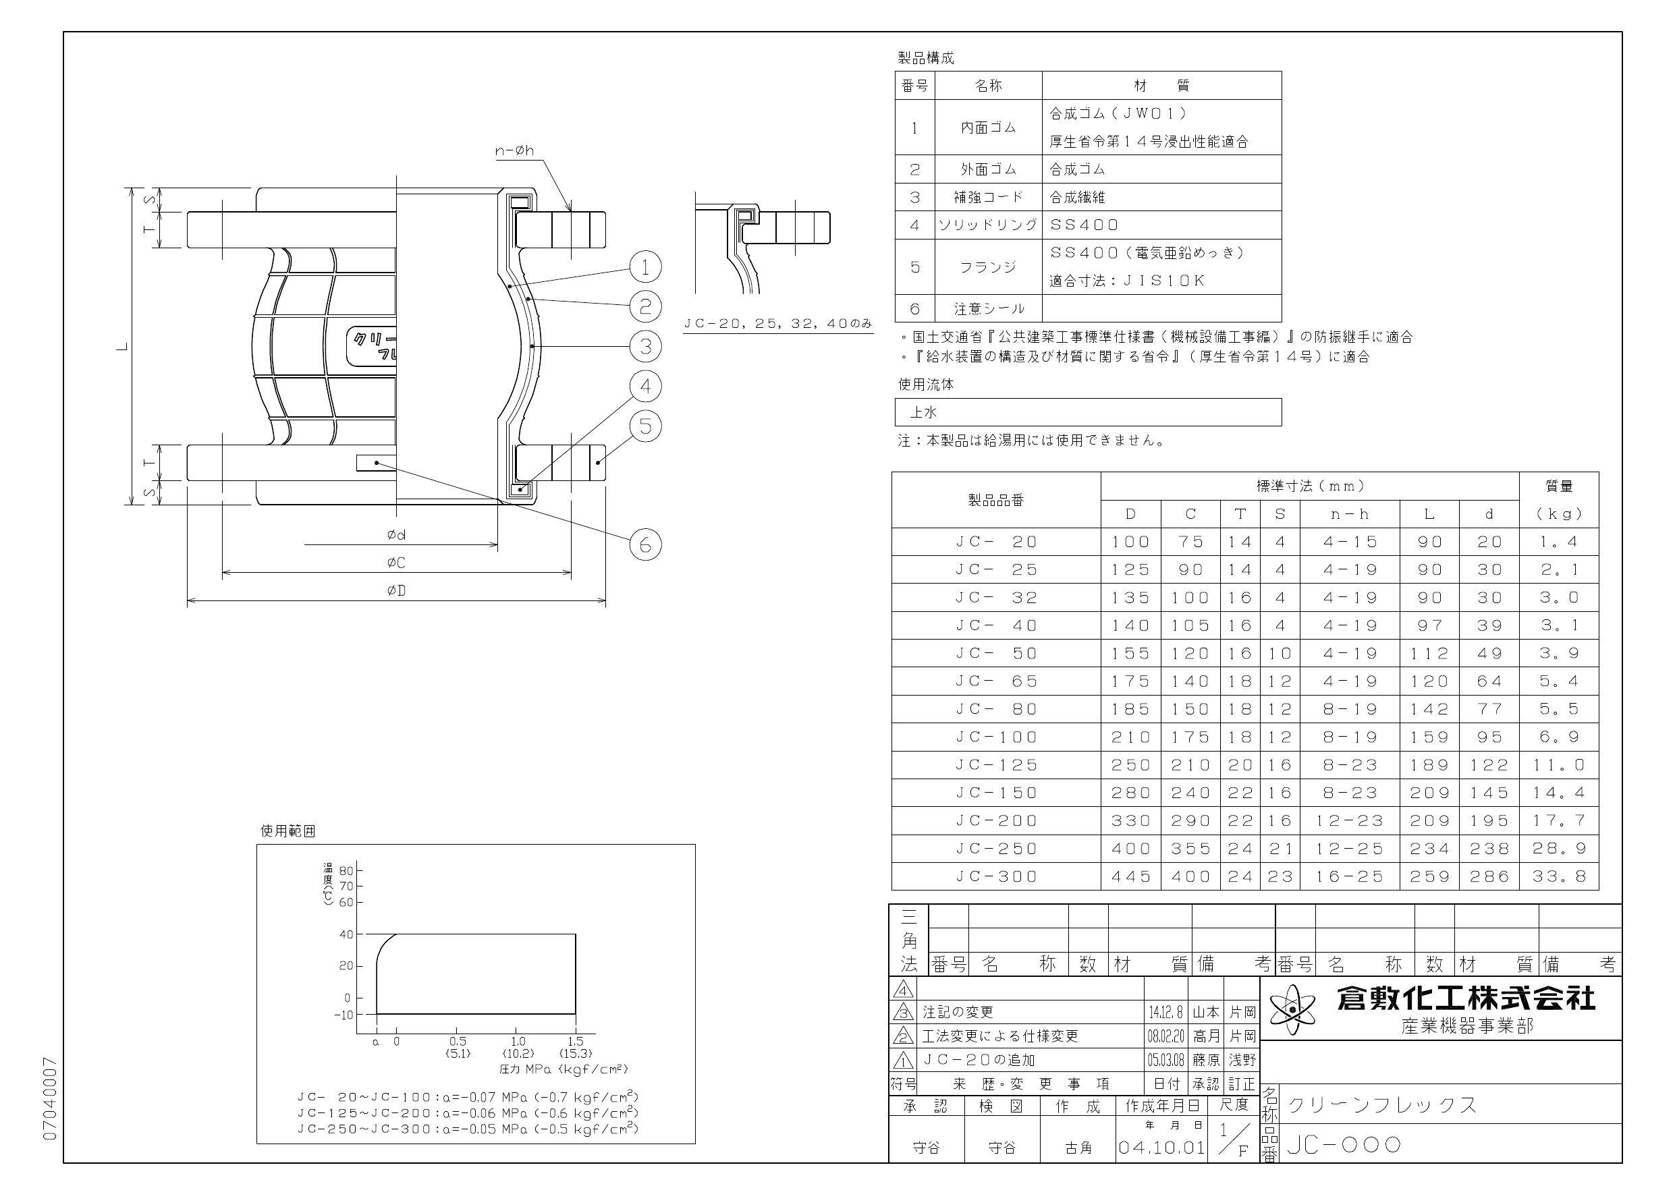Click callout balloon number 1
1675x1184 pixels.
tap(645, 267)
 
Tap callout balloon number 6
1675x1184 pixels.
tap(645, 545)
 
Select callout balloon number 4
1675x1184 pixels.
tap(645, 386)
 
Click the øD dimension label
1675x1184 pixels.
tap(396, 590)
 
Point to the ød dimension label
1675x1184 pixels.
tap(396, 536)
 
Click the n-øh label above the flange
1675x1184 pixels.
tap(515, 151)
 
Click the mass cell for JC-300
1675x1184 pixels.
tap(1558, 876)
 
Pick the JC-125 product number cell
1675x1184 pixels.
tap(996, 764)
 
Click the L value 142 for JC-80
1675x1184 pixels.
tap(1429, 709)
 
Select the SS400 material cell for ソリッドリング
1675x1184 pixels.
tap(1084, 225)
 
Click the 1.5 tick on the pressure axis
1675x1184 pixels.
tap(575, 1041)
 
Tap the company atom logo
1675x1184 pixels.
tap(1294, 1009)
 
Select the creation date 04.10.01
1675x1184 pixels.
tap(1161, 1148)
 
